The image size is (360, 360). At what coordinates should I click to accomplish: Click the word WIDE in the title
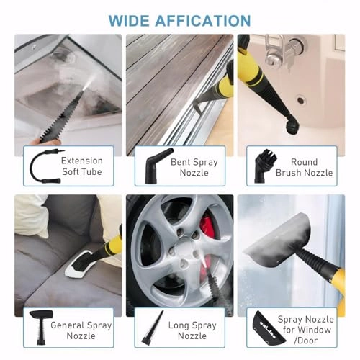131,20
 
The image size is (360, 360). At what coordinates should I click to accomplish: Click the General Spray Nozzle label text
81,330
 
